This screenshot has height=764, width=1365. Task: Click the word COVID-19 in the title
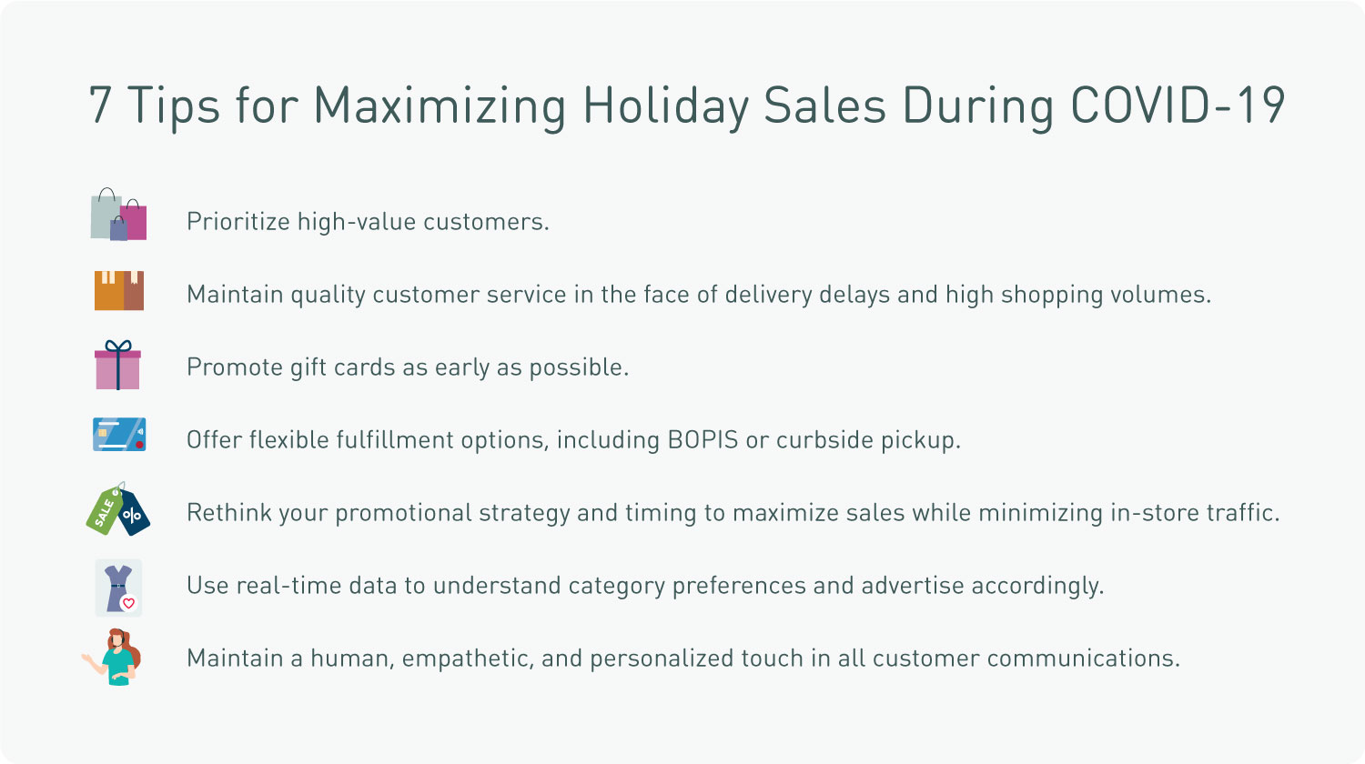(x=1178, y=105)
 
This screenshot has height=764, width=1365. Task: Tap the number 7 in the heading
(x=100, y=105)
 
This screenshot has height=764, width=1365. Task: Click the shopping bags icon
(x=118, y=214)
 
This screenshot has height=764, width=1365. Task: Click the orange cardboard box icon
(x=119, y=291)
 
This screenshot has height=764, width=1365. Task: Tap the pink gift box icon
(x=117, y=365)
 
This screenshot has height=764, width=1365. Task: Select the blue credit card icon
(x=119, y=435)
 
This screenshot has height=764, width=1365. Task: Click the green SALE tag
(x=106, y=510)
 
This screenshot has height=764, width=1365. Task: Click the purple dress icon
(x=118, y=588)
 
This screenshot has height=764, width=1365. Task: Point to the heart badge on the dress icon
(x=128, y=603)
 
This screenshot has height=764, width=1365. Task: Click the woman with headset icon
(x=113, y=658)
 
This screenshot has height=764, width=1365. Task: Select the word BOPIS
(x=703, y=440)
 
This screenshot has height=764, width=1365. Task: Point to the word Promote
(x=235, y=367)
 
